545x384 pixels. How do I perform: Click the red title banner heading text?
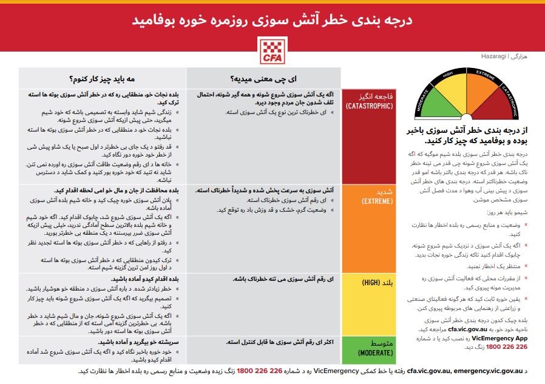272,19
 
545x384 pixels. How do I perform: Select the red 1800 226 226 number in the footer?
259,371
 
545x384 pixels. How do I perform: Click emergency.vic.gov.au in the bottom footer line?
488,371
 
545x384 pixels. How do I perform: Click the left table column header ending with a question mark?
102,78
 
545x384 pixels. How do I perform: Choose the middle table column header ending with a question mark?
263,78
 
